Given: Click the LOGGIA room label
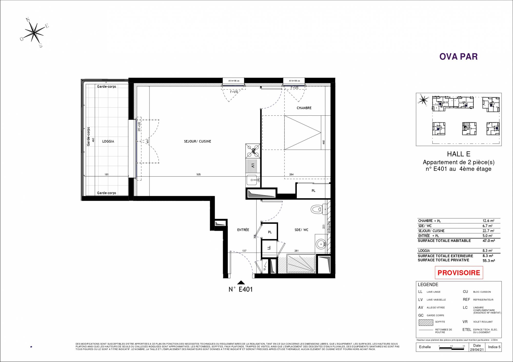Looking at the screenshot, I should [x=108, y=141].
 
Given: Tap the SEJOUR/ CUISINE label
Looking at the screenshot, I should [x=197, y=141].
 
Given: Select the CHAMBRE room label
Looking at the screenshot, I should [x=304, y=108].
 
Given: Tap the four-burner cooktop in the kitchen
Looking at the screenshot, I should [x=253, y=151].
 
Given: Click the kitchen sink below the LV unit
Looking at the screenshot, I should [x=253, y=180].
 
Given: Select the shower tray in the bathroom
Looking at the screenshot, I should [x=301, y=264].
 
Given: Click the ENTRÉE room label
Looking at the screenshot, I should [x=243, y=230].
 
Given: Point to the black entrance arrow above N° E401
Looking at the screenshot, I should [x=241, y=283].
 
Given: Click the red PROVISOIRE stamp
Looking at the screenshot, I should [x=459, y=273].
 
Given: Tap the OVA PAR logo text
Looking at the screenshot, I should [x=458, y=57].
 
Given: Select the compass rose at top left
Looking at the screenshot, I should [x=34, y=32].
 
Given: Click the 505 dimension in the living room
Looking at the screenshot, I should [x=199, y=175].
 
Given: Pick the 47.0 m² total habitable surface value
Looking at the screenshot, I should [x=489, y=241].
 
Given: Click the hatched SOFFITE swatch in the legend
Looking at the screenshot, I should [x=426, y=322].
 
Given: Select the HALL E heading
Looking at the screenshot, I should [x=459, y=154].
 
